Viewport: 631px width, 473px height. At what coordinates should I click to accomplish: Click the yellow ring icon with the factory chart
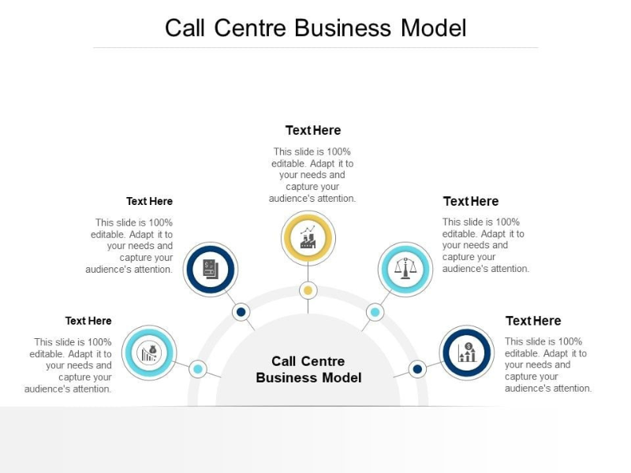(x=308, y=237)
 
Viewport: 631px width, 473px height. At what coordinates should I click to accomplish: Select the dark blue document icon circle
(x=211, y=270)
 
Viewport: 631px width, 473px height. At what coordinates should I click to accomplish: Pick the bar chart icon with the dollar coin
(x=467, y=352)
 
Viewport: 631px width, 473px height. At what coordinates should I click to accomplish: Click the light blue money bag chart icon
(x=150, y=352)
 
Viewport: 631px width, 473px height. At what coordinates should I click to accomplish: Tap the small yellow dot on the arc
(x=308, y=291)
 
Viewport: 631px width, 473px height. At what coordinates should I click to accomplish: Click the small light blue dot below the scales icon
(x=375, y=312)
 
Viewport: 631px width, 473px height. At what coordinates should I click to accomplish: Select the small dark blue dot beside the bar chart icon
(x=417, y=368)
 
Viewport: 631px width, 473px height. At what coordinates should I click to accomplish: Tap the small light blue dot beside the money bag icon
(x=198, y=368)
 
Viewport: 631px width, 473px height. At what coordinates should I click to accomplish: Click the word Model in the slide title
(x=434, y=28)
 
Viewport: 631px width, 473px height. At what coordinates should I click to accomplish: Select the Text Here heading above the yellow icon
(x=313, y=130)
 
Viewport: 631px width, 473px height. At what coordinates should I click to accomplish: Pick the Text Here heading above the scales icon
(x=471, y=201)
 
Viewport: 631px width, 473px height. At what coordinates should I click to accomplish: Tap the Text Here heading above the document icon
(x=149, y=201)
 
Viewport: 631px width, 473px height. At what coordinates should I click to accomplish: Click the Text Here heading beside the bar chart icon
(x=533, y=321)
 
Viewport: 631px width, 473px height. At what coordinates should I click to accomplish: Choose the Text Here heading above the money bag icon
(x=88, y=321)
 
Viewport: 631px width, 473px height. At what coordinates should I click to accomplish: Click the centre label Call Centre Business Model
(x=308, y=369)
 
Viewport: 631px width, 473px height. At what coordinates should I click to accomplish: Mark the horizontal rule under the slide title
(x=315, y=48)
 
